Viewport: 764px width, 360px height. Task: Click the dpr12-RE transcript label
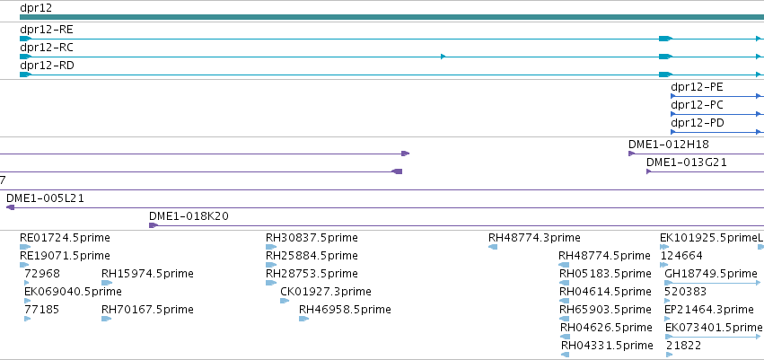47,30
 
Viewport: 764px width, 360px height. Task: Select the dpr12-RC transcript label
47,48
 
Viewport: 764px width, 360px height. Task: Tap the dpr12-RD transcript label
47,66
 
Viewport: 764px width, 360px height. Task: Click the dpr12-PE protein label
697,87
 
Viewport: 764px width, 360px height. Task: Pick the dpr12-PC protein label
697,105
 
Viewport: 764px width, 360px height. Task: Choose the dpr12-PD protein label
698,123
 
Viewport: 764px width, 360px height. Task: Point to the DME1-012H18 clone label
669,145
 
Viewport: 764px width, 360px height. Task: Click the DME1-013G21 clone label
687,162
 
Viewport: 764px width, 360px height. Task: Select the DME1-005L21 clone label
45,198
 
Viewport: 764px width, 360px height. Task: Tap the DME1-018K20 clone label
189,216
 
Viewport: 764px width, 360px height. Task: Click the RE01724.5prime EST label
65,238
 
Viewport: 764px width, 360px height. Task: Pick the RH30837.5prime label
312,238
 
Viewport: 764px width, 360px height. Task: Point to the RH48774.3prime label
534,238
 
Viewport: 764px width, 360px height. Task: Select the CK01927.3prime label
326,292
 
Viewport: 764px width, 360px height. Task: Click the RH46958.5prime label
345,310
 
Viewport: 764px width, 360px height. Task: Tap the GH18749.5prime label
711,274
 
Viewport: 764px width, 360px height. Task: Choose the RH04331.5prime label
607,346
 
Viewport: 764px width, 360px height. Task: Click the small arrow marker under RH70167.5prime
106,319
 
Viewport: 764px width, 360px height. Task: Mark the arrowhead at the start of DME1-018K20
153,225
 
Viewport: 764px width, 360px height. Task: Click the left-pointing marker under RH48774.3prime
493,247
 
